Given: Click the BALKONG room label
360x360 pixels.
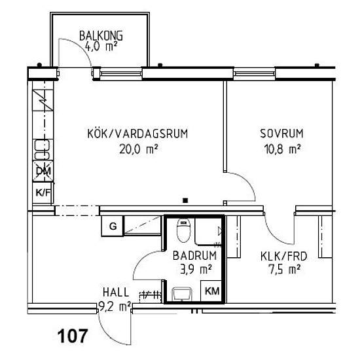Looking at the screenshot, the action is [x=101, y=36].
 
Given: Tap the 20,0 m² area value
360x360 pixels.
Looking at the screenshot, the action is [x=139, y=149].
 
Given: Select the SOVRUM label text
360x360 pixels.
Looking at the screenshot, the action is [x=281, y=134].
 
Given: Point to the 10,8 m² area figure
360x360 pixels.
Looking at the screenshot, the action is [x=282, y=149].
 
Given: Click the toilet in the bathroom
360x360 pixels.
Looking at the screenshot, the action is [x=183, y=230].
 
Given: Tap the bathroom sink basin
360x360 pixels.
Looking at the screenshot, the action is [x=182, y=294].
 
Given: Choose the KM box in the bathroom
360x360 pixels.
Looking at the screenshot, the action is [x=211, y=291].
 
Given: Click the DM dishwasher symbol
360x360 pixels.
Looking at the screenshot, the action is [x=43, y=171].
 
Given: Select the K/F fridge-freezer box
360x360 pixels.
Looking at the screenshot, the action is [x=43, y=192].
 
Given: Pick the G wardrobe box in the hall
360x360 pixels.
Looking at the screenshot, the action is [x=113, y=226].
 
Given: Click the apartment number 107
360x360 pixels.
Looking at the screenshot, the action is [x=72, y=336].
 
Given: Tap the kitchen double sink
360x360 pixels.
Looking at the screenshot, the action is [x=42, y=150].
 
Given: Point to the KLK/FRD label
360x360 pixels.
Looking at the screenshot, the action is [x=284, y=257].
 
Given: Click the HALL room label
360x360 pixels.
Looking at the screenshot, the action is [x=116, y=293].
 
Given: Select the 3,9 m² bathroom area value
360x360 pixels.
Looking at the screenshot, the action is [x=196, y=269].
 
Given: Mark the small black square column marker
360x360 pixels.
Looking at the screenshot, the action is [x=185, y=200].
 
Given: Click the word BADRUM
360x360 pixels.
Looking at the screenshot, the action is [x=194, y=255].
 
